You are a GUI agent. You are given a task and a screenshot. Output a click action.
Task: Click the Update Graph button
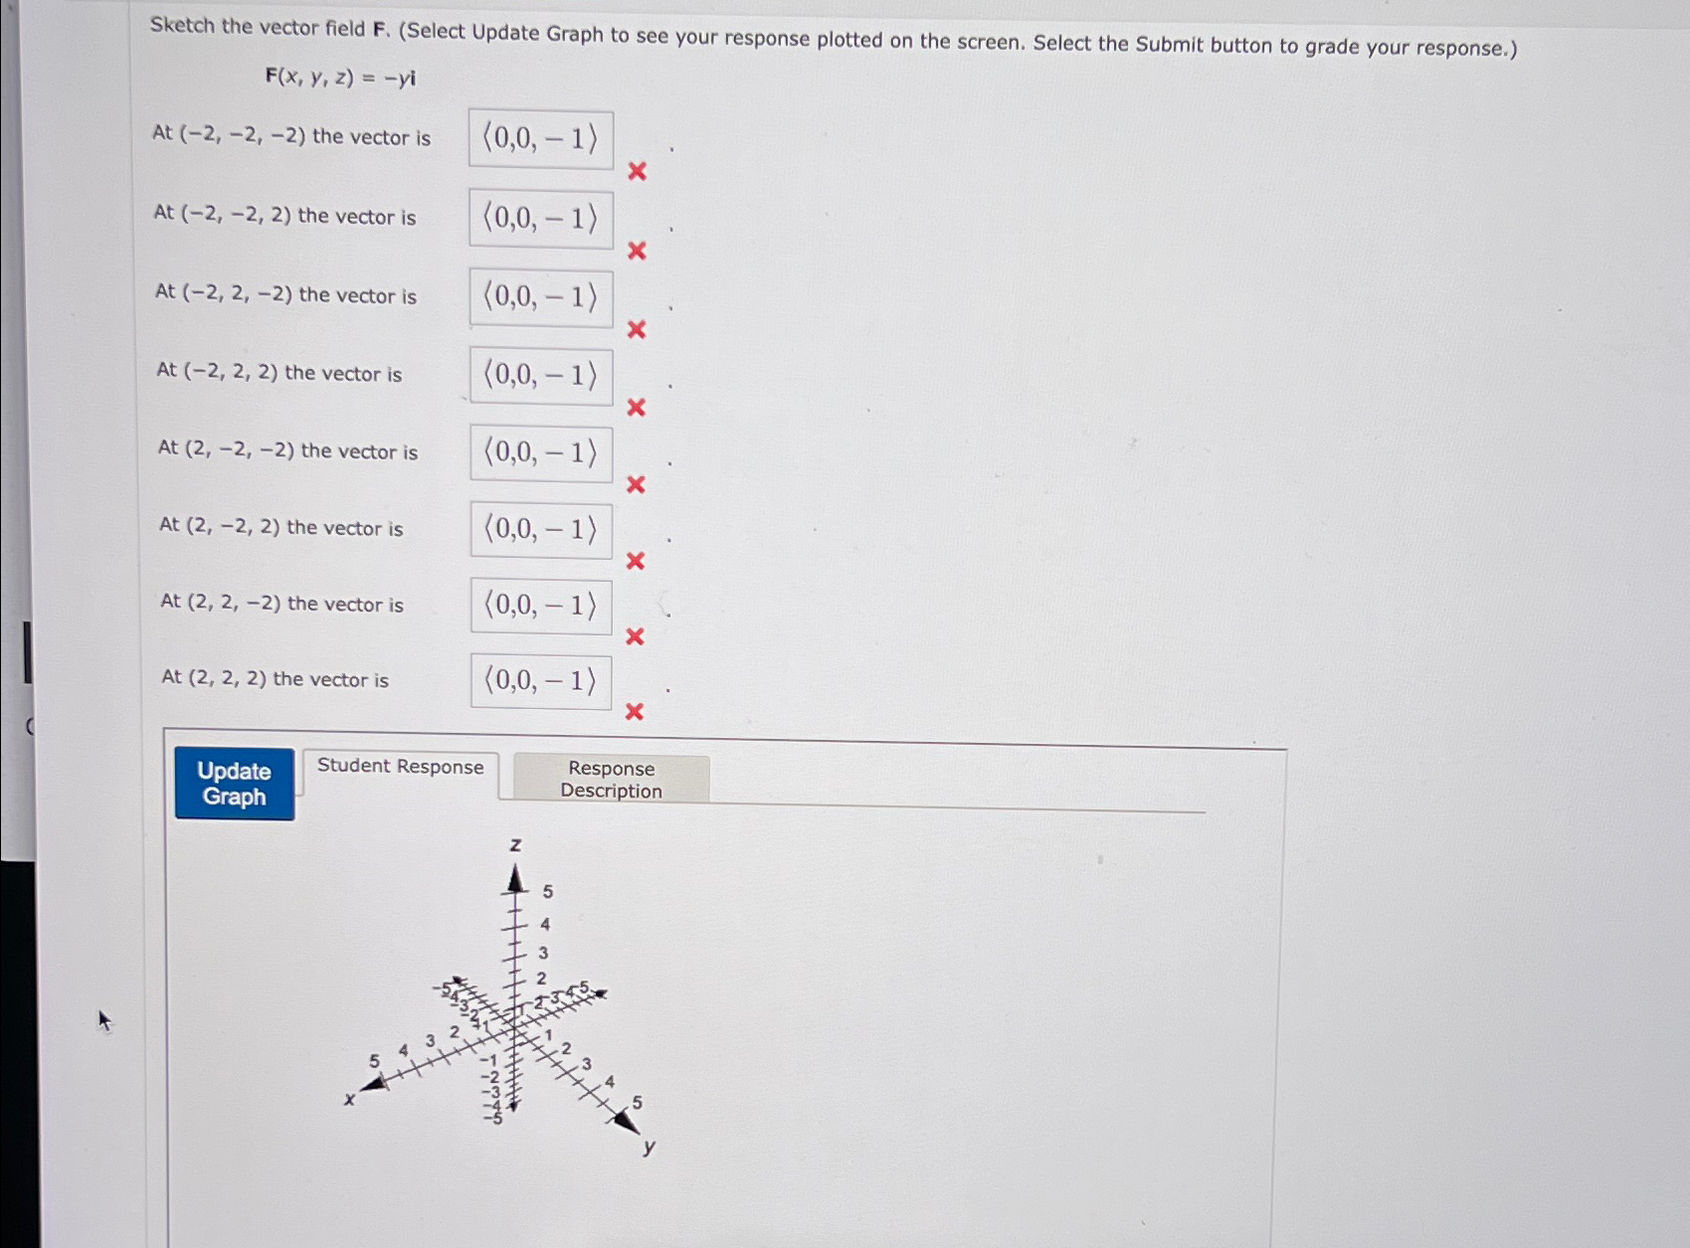tap(234, 784)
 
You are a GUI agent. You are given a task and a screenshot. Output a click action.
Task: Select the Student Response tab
tap(400, 767)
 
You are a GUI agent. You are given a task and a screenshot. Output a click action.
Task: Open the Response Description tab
tap(611, 780)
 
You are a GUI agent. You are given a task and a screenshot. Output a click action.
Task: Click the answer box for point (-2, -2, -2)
tap(540, 139)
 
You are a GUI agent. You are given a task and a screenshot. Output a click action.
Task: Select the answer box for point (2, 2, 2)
tap(540, 681)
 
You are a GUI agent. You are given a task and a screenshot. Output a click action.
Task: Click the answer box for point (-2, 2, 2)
tap(540, 376)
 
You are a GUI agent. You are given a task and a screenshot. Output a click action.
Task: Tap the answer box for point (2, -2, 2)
tap(540, 529)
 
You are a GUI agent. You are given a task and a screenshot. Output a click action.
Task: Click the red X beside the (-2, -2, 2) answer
tap(637, 251)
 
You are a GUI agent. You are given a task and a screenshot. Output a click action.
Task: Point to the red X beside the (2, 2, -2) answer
tap(635, 636)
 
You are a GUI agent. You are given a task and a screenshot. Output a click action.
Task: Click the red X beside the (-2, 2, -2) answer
tap(637, 329)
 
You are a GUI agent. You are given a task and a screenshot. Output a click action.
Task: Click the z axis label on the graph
tap(515, 845)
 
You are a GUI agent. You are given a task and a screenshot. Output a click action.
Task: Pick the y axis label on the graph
tap(650, 1147)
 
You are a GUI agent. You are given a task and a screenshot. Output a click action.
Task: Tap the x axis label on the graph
tap(349, 1099)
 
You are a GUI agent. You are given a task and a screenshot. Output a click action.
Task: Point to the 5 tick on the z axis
tap(547, 892)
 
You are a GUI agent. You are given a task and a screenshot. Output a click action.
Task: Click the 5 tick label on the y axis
tap(638, 1103)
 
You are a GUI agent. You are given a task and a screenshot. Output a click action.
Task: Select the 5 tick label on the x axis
tap(374, 1061)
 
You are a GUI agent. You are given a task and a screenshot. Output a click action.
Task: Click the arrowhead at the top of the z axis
tap(515, 879)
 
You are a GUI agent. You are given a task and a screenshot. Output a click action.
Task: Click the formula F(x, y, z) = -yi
tap(340, 78)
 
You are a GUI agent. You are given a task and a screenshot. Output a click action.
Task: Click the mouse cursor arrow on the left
tap(103, 1019)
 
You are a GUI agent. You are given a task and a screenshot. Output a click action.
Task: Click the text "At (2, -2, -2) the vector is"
tap(287, 450)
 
